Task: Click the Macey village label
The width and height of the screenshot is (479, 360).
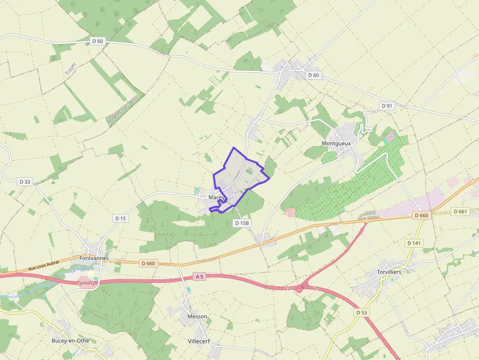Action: click(x=216, y=197)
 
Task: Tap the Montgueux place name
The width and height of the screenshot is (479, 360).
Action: click(x=336, y=144)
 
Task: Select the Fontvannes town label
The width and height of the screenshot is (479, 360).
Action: click(x=93, y=258)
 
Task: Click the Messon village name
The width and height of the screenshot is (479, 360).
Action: click(x=197, y=317)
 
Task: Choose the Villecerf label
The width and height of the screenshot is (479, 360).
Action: click(x=198, y=341)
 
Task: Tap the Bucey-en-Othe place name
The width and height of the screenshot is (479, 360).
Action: click(x=74, y=340)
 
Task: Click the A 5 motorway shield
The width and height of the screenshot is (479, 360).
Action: click(x=199, y=276)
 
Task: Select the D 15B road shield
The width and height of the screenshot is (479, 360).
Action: click(x=242, y=223)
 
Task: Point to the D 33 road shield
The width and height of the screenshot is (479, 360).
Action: click(x=25, y=182)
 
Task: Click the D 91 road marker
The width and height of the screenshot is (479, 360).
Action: click(x=387, y=106)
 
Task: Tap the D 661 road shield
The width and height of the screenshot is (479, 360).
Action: click(x=460, y=212)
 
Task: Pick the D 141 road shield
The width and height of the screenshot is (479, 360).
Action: click(x=414, y=243)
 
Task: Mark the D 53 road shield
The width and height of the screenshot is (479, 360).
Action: click(x=362, y=312)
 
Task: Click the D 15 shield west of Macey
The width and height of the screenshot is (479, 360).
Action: click(x=120, y=218)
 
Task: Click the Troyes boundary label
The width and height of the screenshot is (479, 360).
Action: click(x=71, y=69)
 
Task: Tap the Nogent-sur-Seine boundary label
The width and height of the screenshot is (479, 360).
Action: click(x=123, y=108)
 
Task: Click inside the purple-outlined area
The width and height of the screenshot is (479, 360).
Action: click(x=242, y=173)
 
